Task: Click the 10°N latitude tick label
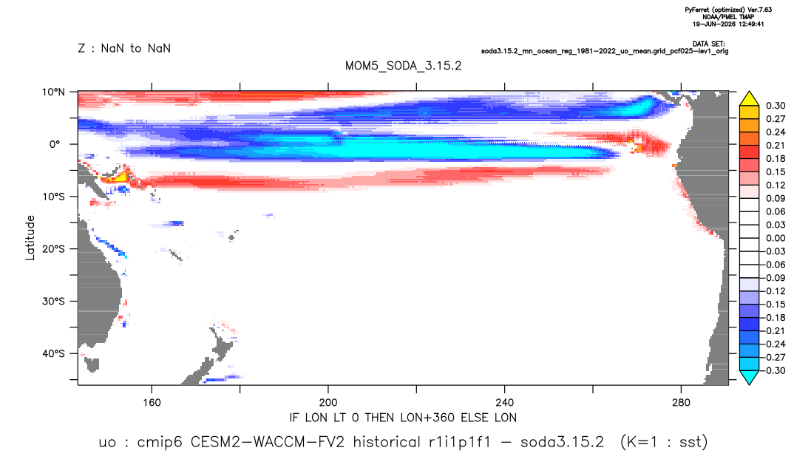[53, 92]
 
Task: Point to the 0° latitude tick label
[55, 144]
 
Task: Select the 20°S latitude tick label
[53, 248]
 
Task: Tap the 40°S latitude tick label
[53, 353]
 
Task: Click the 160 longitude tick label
[152, 403]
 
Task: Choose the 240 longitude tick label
[505, 403]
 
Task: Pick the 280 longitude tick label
[681, 403]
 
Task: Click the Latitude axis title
[30, 237]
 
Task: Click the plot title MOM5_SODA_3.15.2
[404, 66]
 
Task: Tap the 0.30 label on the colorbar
[776, 106]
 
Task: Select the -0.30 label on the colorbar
[773, 370]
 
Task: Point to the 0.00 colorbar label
[776, 238]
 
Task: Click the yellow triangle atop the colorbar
[749, 99]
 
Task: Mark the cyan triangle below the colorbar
[749, 377]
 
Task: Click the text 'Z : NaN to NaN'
[124, 48]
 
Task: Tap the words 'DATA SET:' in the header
[708, 44]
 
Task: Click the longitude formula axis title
[403, 418]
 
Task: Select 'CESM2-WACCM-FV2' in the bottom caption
[268, 442]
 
